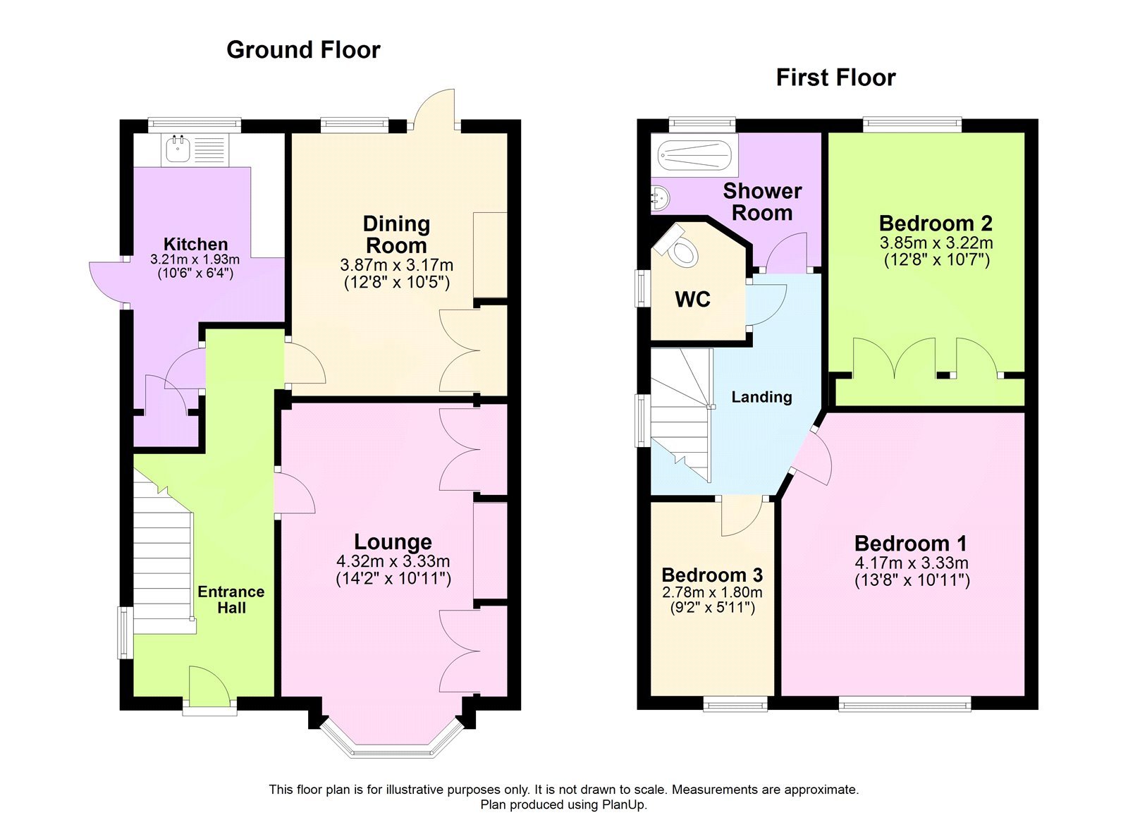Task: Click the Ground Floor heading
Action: coord(303,50)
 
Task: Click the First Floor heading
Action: coord(835,78)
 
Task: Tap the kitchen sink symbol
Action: coord(176,148)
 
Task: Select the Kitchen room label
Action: coord(195,244)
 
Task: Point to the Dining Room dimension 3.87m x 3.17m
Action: coord(396,266)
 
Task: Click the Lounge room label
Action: coord(393,541)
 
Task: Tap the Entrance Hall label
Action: coord(231,599)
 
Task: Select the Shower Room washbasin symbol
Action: coord(659,198)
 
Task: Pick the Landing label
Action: coord(761,397)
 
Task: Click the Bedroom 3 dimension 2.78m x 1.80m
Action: coord(712,592)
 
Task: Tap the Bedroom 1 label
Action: coord(910,544)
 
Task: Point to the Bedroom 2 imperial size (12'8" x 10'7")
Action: coord(936,260)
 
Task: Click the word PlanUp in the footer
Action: coord(623,804)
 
